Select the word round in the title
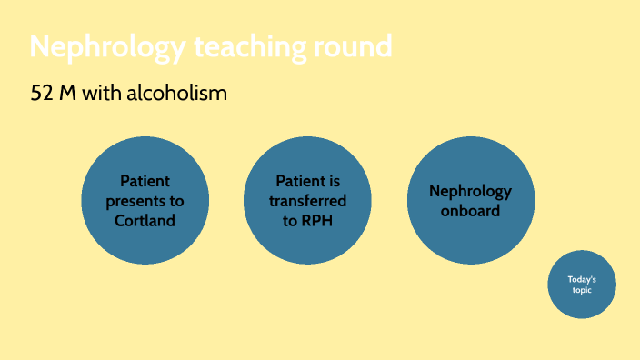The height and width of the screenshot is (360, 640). pos(355,45)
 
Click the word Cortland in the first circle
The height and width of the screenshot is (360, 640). pos(145,221)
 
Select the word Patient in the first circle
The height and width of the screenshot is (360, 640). pos(145,181)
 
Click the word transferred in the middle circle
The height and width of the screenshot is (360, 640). pos(308,201)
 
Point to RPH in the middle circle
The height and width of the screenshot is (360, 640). pos(318,221)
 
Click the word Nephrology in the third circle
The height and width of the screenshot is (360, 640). pos(470,191)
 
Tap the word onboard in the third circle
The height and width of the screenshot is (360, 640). pos(470,211)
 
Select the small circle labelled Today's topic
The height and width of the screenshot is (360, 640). pos(582,285)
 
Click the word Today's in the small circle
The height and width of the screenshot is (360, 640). pos(582,279)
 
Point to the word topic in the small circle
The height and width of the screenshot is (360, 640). pos(582,290)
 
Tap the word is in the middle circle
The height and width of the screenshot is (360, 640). pos(334,181)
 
